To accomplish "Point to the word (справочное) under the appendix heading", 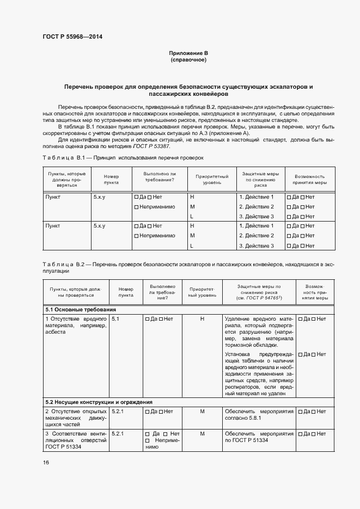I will click(x=188, y=59).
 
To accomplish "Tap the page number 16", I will click(x=46, y=462).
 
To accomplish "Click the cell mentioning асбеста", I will click(x=75, y=324).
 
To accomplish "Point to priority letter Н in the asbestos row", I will click(x=202, y=319).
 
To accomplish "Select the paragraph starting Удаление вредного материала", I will click(x=259, y=332).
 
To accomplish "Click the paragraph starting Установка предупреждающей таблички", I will click(x=259, y=373).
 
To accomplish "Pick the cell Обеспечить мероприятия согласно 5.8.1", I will click(x=259, y=415).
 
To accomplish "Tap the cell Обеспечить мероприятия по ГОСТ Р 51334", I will click(x=259, y=437).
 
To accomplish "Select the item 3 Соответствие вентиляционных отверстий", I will click(x=75, y=440).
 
